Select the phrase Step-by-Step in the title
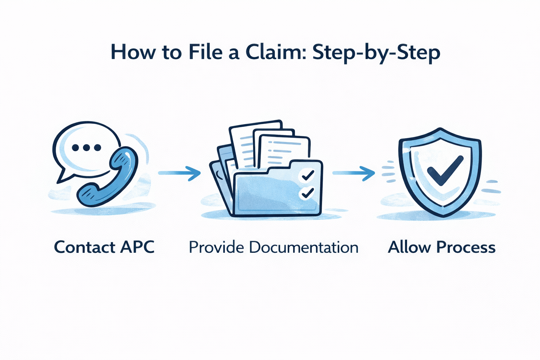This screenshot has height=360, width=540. [376, 53]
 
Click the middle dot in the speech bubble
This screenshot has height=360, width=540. [86, 148]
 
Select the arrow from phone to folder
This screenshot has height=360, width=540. [179, 173]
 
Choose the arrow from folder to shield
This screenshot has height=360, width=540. [353, 173]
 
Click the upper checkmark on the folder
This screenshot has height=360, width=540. [308, 175]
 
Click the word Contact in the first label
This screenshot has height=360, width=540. [85, 247]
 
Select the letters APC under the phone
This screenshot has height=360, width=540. [137, 247]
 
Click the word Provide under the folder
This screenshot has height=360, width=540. [216, 247]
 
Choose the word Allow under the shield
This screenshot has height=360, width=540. [409, 247]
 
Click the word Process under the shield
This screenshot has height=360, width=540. [466, 247]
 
